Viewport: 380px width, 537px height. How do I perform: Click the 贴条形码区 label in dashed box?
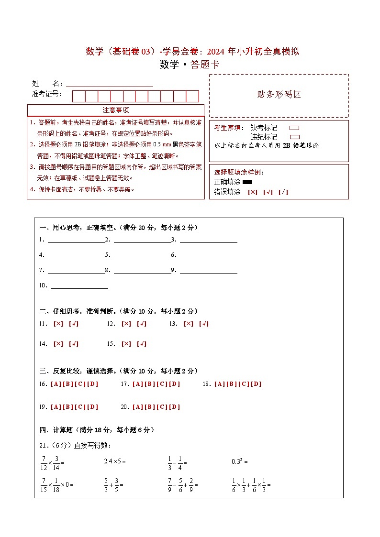[x=279, y=94]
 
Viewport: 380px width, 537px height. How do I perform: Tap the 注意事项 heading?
[x=115, y=110]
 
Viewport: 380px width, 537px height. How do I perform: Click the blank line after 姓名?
[x=110, y=83]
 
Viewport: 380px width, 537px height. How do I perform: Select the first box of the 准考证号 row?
[x=78, y=96]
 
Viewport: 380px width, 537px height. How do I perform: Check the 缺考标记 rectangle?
[x=294, y=128]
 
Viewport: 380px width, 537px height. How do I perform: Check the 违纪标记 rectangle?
[x=294, y=137]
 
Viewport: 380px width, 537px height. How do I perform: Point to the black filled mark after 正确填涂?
[x=247, y=182]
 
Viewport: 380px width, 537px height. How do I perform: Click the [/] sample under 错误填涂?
[x=283, y=192]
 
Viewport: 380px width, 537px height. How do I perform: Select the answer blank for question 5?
[x=142, y=254]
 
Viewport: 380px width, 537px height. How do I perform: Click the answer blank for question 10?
[x=79, y=285]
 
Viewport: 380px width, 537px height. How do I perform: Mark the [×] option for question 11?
[x=58, y=324]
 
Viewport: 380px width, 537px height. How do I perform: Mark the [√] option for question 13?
[x=204, y=324]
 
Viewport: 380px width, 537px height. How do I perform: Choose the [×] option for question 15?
[x=126, y=344]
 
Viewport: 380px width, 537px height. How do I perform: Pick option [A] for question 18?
[x=219, y=384]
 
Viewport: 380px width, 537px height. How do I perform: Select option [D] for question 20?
[x=175, y=407]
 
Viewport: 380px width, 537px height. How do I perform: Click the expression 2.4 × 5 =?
[x=114, y=461]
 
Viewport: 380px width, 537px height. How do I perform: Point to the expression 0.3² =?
[x=239, y=461]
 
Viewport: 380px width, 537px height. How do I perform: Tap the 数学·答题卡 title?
[x=190, y=65]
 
